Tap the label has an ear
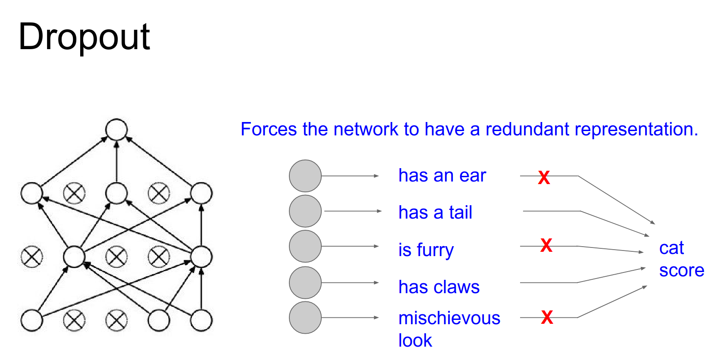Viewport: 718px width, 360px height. coord(442,176)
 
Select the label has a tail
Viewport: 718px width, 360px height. coord(435,213)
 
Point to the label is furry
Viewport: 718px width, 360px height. coord(426,250)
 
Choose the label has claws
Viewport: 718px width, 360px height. coord(439,287)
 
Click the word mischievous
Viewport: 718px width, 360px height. coord(449,318)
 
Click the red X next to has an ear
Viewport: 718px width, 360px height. coord(544,177)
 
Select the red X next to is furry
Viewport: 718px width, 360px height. coord(546,245)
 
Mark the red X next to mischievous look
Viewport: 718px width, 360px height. coord(547,317)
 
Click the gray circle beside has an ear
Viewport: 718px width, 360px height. coord(305,176)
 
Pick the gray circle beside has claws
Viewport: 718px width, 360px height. coord(305,283)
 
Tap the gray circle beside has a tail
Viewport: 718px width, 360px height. coord(305,211)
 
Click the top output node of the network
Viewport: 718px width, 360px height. coord(116,130)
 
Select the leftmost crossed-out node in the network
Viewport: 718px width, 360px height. coord(32,257)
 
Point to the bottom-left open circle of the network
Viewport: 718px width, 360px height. coord(32,320)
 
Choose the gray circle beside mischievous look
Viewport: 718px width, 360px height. coord(305,318)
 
